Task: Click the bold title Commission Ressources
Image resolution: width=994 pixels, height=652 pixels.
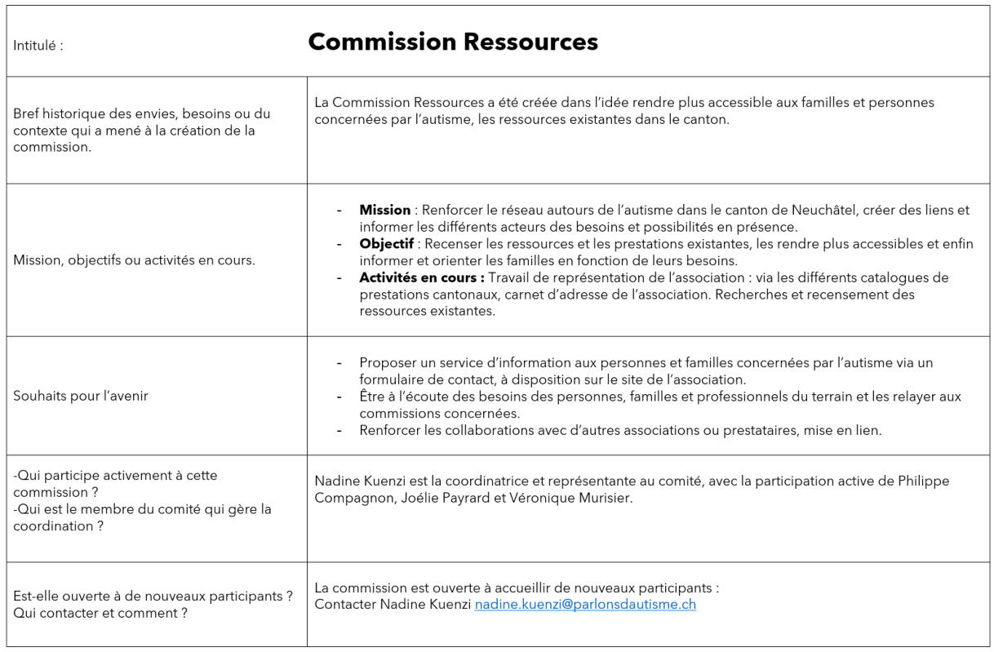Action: click(x=452, y=42)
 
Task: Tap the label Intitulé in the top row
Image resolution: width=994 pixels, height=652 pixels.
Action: click(x=38, y=46)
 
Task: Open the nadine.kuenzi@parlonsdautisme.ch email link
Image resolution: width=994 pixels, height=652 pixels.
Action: click(x=585, y=605)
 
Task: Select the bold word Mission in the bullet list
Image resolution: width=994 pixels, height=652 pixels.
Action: click(x=385, y=211)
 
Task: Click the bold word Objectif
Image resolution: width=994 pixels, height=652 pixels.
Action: click(x=386, y=244)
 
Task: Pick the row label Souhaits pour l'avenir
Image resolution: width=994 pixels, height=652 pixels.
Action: click(x=80, y=396)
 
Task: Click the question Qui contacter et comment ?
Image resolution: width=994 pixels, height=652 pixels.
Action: click(x=100, y=613)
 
